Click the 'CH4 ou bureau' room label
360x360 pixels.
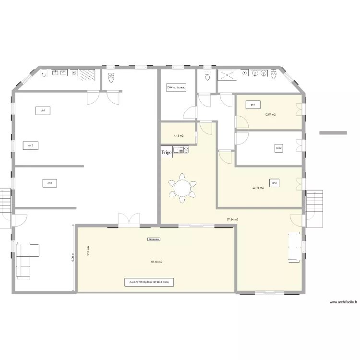coord(176,88)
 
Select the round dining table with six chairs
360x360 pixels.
coord(182,187)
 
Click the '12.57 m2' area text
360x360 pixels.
coord(270,115)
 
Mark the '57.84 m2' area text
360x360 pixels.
coord(233,220)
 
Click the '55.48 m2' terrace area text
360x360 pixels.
coord(156,262)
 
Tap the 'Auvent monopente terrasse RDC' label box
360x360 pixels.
coord(149,283)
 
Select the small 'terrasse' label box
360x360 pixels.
coord(154,239)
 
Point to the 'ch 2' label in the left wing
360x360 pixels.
coord(31,145)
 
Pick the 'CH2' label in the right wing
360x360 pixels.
coord(278,148)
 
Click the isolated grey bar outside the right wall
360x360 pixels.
coord(333,132)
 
